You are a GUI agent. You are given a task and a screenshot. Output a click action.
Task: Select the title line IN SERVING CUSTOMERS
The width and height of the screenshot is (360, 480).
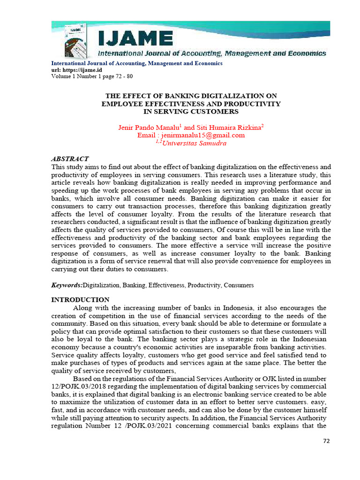coord(191,111)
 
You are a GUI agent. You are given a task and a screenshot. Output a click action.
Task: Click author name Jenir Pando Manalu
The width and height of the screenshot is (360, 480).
coord(148,127)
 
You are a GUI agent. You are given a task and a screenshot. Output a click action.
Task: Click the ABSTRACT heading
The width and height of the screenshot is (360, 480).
coord(70,159)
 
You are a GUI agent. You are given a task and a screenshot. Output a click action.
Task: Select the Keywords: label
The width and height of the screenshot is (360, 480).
coord(67,285)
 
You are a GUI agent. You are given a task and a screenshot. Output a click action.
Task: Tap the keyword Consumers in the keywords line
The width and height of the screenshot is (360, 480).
coord(239,285)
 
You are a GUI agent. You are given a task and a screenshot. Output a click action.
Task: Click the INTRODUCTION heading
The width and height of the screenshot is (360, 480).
coord(80,300)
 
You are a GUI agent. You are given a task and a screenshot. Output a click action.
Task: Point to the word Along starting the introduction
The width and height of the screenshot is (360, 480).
coord(82,307)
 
